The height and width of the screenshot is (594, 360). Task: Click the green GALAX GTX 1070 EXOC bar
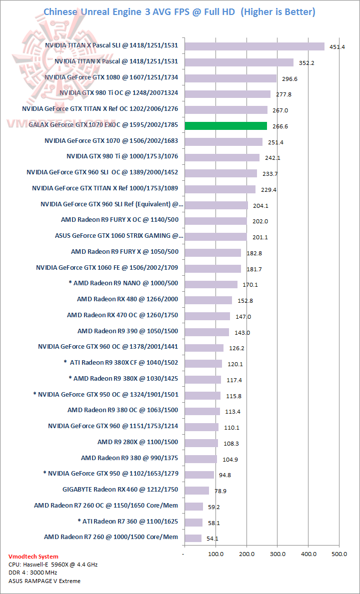pyautogui.click(x=225, y=126)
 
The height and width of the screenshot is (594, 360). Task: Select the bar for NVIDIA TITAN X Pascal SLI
pyautogui.click(x=254, y=46)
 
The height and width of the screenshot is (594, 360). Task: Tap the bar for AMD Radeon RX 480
pyautogui.click(x=208, y=300)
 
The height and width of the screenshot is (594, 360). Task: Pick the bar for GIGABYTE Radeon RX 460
pyautogui.click(x=196, y=490)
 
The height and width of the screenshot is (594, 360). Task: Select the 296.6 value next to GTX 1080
pyautogui.click(x=287, y=79)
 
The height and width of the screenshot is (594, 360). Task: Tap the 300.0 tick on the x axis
pyautogui.click(x=277, y=554)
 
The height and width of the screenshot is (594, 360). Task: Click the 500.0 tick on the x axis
pyautogui.click(x=339, y=554)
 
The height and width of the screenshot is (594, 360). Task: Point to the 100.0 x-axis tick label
pyautogui.click(x=215, y=554)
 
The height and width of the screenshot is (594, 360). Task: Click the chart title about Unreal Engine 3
pyautogui.click(x=179, y=11)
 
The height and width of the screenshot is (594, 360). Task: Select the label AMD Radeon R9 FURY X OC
pyautogui.click(x=119, y=220)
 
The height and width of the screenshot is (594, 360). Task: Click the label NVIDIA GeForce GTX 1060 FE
pyautogui.click(x=107, y=268)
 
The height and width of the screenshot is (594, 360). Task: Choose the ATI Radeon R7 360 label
pyautogui.click(x=128, y=521)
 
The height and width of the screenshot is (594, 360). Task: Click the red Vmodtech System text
pyautogui.click(x=33, y=556)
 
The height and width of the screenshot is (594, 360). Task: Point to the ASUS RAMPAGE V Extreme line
pyautogui.click(x=44, y=581)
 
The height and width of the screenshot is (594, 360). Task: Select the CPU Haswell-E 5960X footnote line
pyautogui.click(x=53, y=565)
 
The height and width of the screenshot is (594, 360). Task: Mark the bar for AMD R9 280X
pyautogui.click(x=201, y=443)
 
